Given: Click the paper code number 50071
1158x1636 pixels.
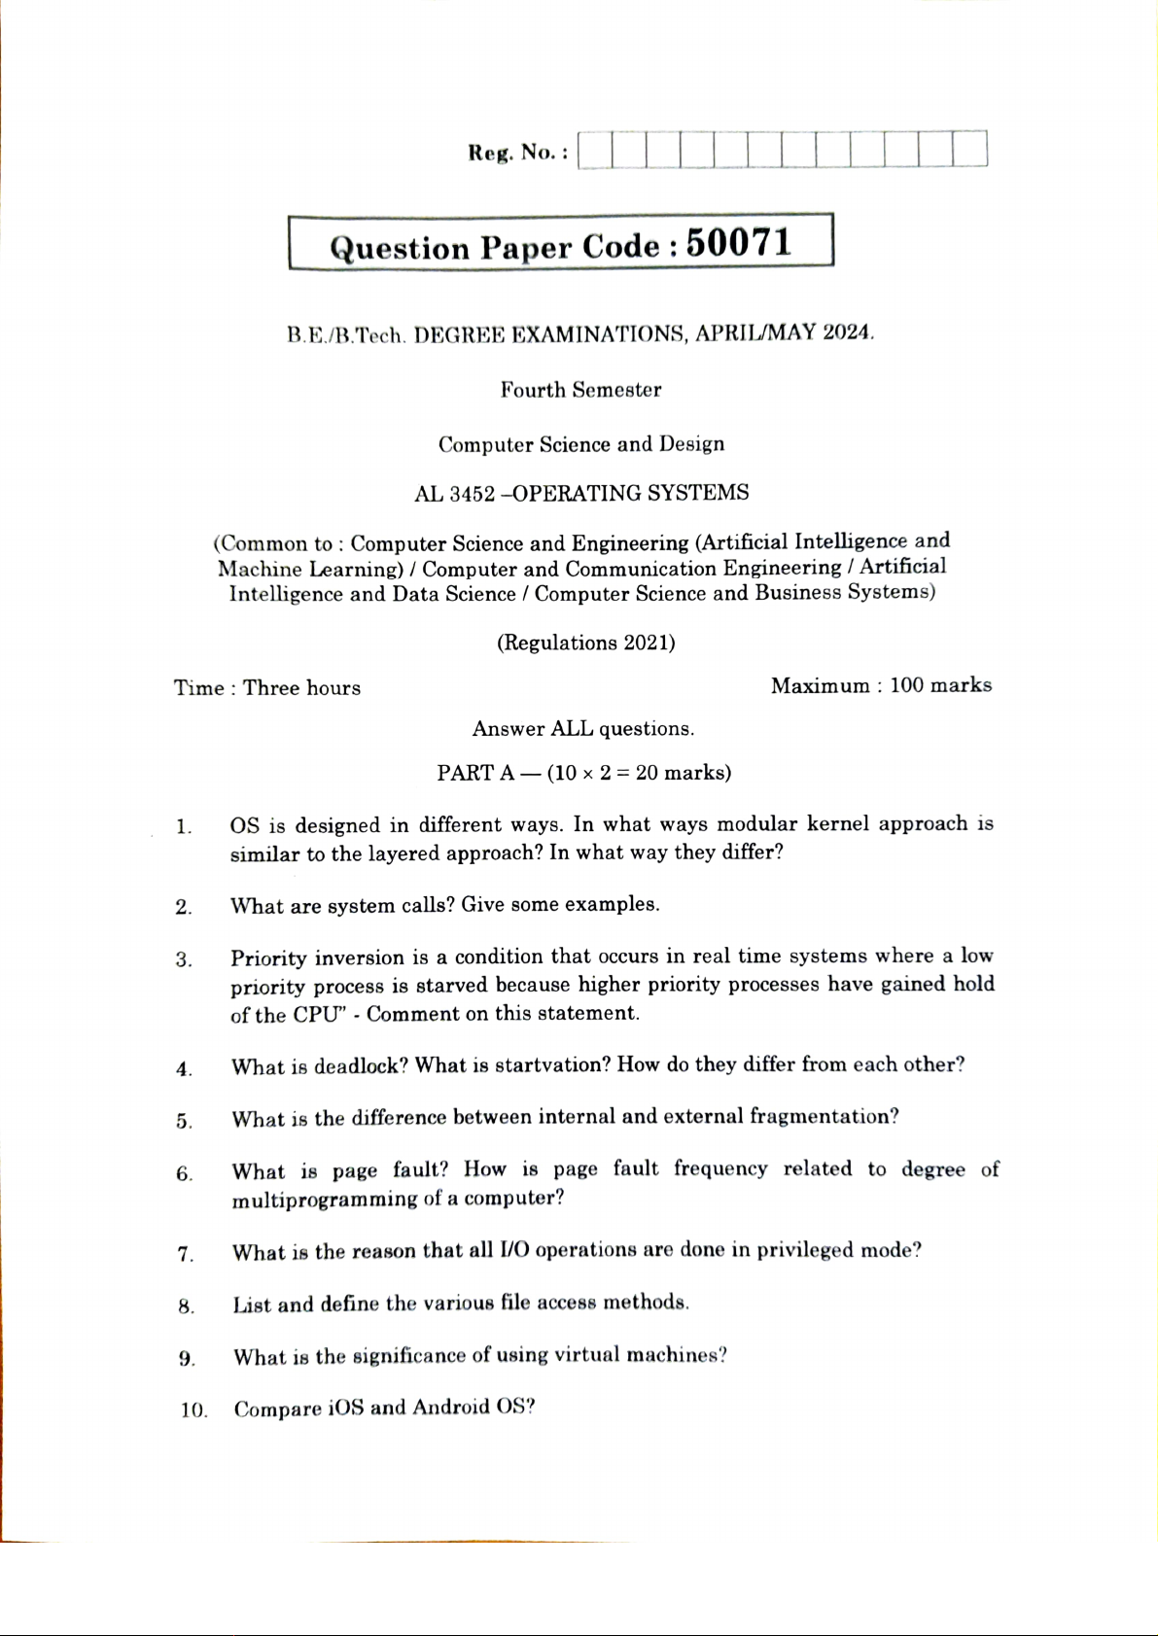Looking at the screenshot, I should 739,243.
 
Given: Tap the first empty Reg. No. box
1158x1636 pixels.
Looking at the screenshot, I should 595,151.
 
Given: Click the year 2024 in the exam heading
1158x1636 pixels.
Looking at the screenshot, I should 847,332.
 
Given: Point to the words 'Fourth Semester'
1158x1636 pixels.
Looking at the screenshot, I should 580,390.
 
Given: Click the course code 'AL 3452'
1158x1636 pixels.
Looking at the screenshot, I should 454,494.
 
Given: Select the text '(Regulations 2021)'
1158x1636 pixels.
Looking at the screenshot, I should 585,643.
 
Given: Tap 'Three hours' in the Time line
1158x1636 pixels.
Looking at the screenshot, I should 301,688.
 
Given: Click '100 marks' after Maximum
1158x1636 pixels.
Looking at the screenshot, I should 940,685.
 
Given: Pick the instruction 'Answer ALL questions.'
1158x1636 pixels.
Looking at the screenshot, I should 582,729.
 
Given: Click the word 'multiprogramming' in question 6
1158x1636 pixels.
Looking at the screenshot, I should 325,1200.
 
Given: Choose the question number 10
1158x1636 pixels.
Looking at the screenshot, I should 193,1410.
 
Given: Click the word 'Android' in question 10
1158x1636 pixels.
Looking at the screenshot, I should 451,1408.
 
